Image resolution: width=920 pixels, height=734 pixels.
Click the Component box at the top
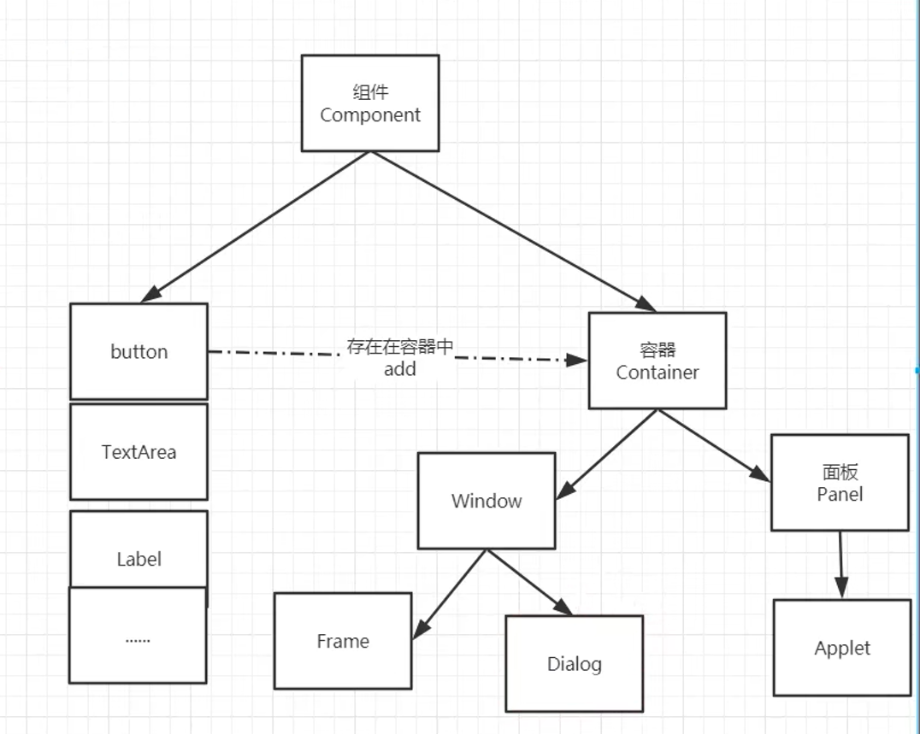pyautogui.click(x=370, y=103)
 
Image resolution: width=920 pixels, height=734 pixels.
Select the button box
pyautogui.click(x=139, y=351)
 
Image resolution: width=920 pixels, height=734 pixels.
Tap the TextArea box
pyautogui.click(x=139, y=451)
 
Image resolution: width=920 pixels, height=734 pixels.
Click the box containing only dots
pyautogui.click(x=138, y=637)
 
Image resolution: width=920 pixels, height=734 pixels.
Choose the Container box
pyautogui.click(x=658, y=361)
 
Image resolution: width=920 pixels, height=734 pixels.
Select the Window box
pyautogui.click(x=487, y=501)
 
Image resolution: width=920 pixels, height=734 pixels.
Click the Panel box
pyautogui.click(x=840, y=483)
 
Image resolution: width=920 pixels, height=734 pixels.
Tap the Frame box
pyautogui.click(x=343, y=641)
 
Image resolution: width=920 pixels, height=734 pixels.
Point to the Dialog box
pyautogui.click(x=574, y=664)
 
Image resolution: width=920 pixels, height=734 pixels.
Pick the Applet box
pyautogui.click(x=842, y=648)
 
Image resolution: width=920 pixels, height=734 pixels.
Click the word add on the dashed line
pyautogui.click(x=400, y=369)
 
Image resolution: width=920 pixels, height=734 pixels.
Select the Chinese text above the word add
pyautogui.click(x=400, y=347)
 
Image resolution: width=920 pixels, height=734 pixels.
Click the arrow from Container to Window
pyautogui.click(x=607, y=454)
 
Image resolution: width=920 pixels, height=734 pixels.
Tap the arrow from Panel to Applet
pyautogui.click(x=841, y=564)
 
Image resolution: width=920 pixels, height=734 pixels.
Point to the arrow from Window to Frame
pyautogui.click(x=450, y=595)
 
